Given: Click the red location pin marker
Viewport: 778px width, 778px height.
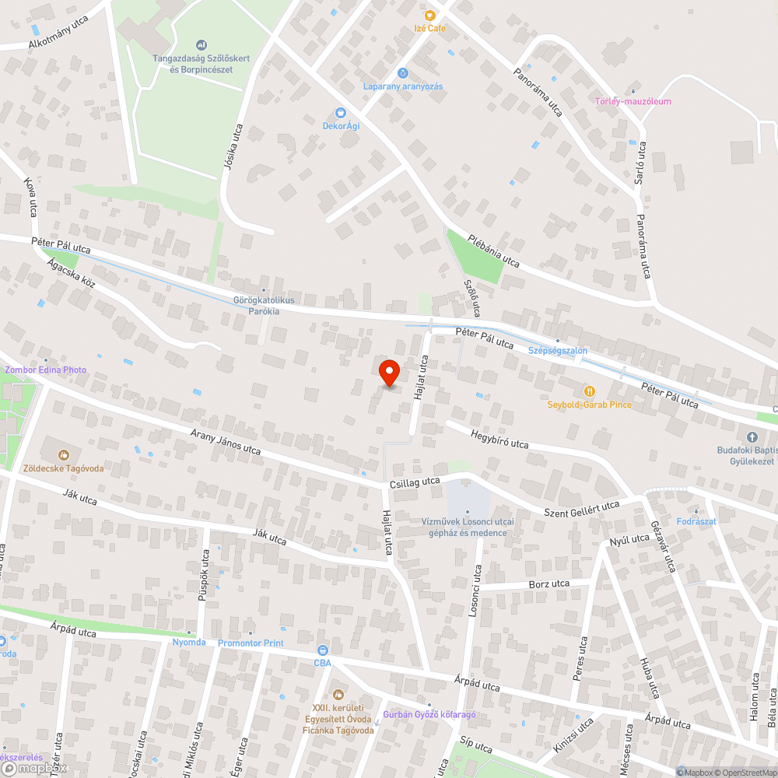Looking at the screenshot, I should point(388,371).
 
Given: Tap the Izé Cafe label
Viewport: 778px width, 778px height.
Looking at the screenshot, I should point(430,28).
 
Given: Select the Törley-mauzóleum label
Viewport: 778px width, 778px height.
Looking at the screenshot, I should point(633,101).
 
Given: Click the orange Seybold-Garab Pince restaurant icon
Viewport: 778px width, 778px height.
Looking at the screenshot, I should point(589,391).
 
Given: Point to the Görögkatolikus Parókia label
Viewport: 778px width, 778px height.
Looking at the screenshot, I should point(256,306).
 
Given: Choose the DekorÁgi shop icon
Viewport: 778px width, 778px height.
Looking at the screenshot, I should point(340,112).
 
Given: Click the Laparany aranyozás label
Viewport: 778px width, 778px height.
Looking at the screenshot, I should point(403,86).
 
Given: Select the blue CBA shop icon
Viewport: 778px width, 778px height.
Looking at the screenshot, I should point(323,650).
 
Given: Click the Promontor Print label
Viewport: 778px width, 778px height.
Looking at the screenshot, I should point(251,643).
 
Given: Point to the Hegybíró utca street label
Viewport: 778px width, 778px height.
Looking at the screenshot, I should point(499,438).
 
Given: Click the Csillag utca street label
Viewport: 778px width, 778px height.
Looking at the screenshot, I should point(415,483).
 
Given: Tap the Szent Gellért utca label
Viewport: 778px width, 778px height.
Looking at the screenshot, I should point(582,508).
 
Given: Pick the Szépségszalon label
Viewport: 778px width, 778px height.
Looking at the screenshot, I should point(557,351).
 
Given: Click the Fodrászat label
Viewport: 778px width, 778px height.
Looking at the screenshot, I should point(696,521).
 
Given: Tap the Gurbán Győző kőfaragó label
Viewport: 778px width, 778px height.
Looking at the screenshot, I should point(429,714).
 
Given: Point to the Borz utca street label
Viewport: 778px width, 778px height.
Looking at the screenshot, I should point(548,583).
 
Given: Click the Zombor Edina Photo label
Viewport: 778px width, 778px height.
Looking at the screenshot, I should point(45,370).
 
